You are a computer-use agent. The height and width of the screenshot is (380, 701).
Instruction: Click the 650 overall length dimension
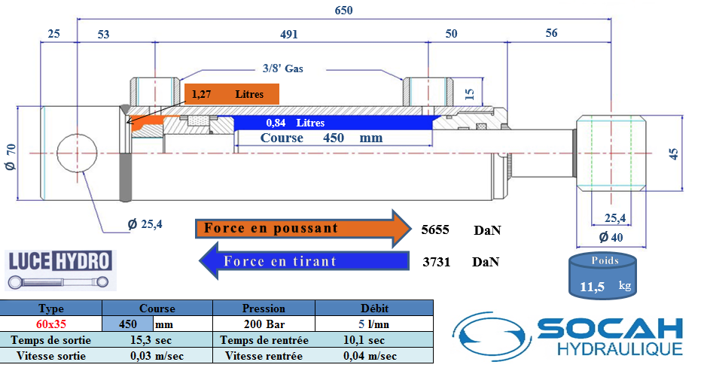(x=343, y=11)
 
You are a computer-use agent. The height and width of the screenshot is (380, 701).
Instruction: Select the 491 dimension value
(x=289, y=34)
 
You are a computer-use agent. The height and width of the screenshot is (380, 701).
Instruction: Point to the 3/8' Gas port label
(x=283, y=68)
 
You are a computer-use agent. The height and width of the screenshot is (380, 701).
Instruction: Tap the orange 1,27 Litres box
(x=232, y=94)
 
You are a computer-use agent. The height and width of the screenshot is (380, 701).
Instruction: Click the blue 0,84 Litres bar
(x=331, y=123)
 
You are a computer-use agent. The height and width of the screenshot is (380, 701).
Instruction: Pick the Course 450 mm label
(x=322, y=138)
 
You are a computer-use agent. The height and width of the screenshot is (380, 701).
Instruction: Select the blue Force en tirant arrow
(x=301, y=262)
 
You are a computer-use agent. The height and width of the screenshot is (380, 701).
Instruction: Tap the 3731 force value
(x=436, y=262)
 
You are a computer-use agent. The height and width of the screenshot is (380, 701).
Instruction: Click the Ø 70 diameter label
(x=11, y=155)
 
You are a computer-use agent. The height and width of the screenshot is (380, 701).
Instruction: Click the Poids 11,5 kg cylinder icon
(x=605, y=275)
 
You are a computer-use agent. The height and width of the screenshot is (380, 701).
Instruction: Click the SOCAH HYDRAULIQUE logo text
(x=610, y=336)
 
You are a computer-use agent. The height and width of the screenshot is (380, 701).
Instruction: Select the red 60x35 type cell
(x=51, y=324)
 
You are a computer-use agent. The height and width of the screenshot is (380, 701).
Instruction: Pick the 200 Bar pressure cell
(x=264, y=324)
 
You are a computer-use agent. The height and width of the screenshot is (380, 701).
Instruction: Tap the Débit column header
(x=374, y=308)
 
